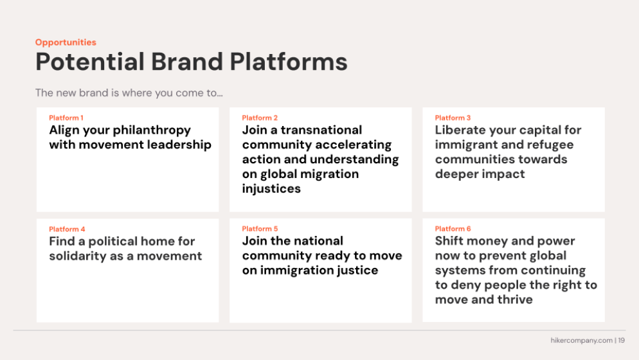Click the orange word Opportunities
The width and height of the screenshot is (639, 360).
66,42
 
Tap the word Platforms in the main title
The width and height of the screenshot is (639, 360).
289,62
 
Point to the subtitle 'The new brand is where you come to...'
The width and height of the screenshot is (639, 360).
129,93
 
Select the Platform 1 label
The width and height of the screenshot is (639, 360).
66,118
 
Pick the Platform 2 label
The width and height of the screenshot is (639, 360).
260,118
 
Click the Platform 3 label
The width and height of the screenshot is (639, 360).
453,118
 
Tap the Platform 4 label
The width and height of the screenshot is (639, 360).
67,229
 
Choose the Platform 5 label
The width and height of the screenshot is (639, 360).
260,229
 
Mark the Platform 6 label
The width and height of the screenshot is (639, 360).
453,229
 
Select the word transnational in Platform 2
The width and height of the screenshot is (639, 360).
321,130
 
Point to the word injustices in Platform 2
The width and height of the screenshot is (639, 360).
271,189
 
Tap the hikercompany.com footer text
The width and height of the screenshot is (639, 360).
582,341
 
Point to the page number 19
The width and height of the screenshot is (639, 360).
622,341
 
